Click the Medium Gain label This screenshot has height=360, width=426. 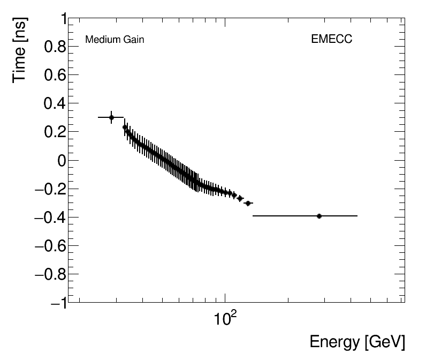click(115, 40)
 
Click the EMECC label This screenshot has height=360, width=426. click(331, 40)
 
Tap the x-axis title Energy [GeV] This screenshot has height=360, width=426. click(357, 342)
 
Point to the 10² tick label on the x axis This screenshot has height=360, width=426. click(225, 320)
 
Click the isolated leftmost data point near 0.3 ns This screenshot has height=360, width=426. click(111, 117)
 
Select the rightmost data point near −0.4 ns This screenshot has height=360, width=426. click(319, 216)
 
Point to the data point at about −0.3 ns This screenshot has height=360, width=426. click(247, 203)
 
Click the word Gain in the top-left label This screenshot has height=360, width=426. click(132, 40)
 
